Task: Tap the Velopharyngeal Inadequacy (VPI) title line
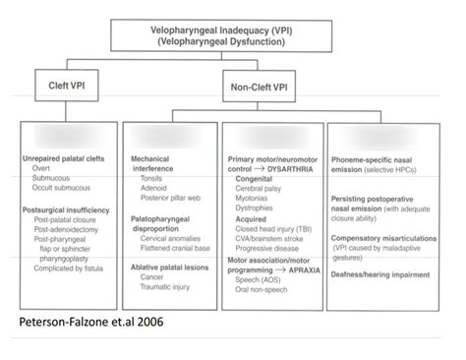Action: click(234, 30)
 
